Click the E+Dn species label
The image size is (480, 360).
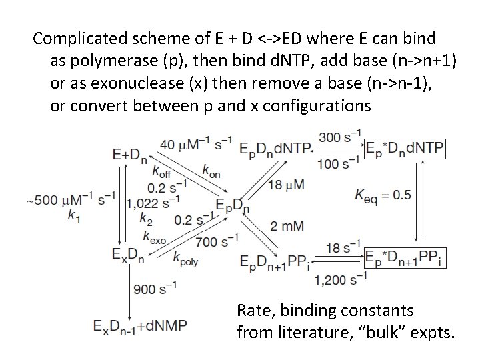(x=131, y=155)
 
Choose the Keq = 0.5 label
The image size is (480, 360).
(x=383, y=195)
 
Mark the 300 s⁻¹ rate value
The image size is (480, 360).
(x=340, y=137)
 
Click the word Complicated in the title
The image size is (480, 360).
(x=74, y=37)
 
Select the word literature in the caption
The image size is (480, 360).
(x=303, y=331)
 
